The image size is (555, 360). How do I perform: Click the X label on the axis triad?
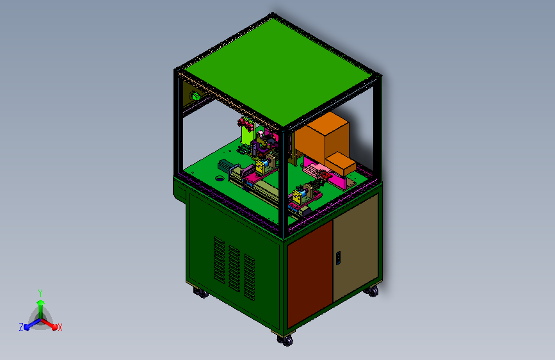[x=60, y=327]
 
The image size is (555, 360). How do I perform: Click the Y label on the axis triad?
[x=40, y=293]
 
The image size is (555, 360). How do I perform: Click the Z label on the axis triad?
[x=21, y=327]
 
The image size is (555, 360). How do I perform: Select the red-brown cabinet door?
[x=310, y=274]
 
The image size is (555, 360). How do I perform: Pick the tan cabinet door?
[x=356, y=247]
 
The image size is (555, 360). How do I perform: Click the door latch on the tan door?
[x=339, y=258]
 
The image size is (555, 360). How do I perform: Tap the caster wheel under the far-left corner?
[x=201, y=293]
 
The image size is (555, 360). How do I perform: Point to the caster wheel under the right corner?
[x=371, y=291]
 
